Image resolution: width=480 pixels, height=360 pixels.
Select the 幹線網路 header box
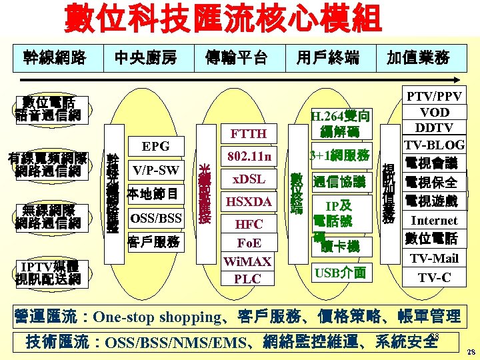pyautogui.click(x=55, y=58)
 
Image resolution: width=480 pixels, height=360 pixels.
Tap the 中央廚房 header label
pyautogui.click(x=145, y=58)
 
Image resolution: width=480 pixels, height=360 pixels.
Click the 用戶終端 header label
pyautogui.click(x=327, y=58)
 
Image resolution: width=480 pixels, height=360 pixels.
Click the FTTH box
pyautogui.click(x=248, y=134)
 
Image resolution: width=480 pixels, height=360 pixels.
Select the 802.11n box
pyautogui.click(x=249, y=157)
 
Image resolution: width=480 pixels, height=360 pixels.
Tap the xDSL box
pyautogui.click(x=249, y=179)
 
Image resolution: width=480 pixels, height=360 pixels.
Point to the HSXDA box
pyautogui.click(x=249, y=201)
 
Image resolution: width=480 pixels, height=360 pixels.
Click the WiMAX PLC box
pyautogui.click(x=248, y=270)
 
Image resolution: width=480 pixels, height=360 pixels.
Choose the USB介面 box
pyautogui.click(x=340, y=272)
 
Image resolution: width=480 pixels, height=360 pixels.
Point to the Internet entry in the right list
pyautogui.click(x=434, y=220)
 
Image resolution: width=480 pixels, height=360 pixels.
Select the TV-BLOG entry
pyautogui.click(x=434, y=145)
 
